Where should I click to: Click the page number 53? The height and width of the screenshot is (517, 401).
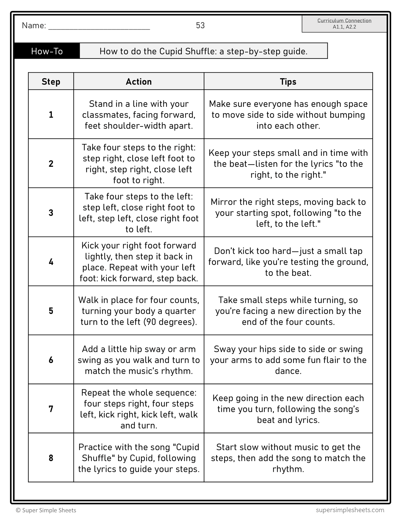[x=200, y=26]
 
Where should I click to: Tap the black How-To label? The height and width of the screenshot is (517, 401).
[x=47, y=51]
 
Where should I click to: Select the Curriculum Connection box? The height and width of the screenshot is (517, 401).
[x=344, y=24]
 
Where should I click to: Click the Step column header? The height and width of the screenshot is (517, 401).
[x=51, y=82]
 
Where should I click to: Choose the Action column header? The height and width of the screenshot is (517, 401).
[x=139, y=82]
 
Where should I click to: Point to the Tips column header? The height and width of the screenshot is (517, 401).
[x=288, y=82]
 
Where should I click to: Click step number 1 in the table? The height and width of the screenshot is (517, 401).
[x=51, y=115]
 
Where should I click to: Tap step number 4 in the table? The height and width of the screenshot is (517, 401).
[x=51, y=262]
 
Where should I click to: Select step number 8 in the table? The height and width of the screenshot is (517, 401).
[x=51, y=458]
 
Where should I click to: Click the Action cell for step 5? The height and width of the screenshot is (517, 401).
[x=139, y=311]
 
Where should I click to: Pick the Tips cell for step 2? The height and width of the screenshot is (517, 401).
[x=288, y=164]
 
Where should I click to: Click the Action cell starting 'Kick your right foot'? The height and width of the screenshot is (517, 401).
[x=139, y=262]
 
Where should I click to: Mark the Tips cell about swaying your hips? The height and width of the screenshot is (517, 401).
[x=288, y=360]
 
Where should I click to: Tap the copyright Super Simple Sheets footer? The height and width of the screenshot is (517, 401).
[x=46, y=510]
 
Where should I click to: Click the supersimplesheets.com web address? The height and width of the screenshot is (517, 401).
[x=350, y=510]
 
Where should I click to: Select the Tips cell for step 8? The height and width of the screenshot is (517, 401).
[x=288, y=458]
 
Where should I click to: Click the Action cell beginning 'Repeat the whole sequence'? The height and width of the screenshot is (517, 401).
[x=139, y=409]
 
